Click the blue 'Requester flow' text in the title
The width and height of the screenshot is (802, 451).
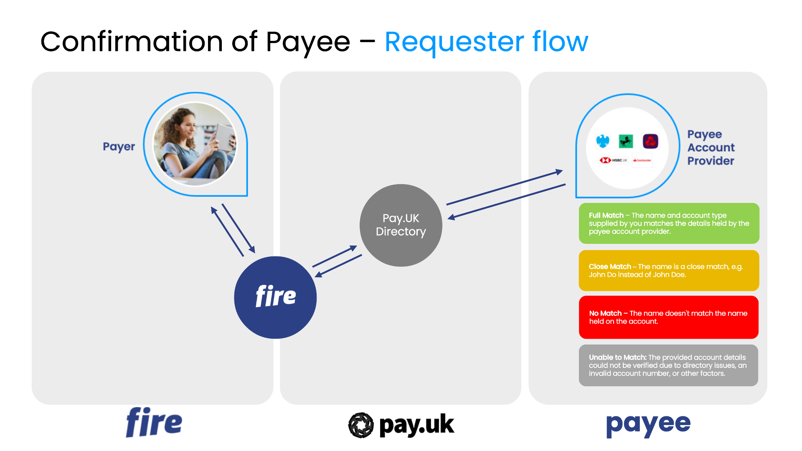(486, 42)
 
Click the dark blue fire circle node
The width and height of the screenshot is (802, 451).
(275, 297)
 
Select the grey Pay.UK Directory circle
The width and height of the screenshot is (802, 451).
(401, 225)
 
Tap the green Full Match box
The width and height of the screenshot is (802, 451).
(669, 223)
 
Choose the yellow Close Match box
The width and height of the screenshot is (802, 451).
(669, 271)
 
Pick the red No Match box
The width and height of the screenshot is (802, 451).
(668, 317)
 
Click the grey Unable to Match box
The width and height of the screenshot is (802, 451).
(668, 365)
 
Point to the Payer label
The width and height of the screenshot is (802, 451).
(119, 147)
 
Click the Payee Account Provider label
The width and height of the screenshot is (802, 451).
(711, 147)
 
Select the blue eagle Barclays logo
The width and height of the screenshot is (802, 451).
(603, 141)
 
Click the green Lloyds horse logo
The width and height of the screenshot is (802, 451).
(626, 141)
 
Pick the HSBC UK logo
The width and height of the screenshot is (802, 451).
(613, 160)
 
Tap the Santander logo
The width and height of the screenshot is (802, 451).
(642, 160)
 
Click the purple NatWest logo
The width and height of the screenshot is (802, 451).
(650, 141)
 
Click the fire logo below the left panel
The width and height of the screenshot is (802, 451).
(154, 423)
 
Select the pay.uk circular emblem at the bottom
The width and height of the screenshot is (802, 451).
(360, 425)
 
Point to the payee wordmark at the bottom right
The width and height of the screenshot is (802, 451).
(648, 424)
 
